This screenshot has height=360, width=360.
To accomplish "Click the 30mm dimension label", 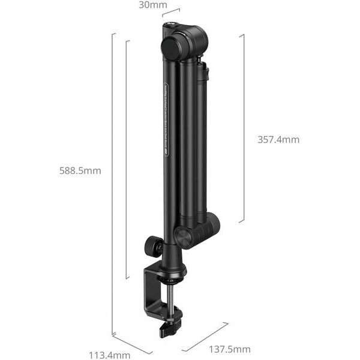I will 153,5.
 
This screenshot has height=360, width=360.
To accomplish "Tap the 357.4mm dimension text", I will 278,139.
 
